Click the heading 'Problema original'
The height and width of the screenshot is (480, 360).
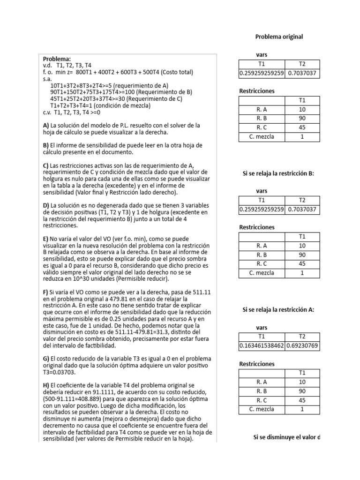[279, 37]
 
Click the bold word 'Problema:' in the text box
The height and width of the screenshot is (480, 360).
[57, 59]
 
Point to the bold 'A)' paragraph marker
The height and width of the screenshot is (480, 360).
[46, 126]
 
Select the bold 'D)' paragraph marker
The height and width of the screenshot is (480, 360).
[46, 206]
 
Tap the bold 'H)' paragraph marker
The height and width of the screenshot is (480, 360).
[46, 385]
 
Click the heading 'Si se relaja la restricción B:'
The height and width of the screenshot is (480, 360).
[278, 173]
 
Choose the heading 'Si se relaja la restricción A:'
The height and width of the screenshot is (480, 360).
[278, 309]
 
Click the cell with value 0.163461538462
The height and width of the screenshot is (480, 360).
[262, 346]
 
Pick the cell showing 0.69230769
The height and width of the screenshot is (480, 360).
[303, 346]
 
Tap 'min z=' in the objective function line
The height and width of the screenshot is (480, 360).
[65, 72]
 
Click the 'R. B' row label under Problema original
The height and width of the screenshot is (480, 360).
[262, 118]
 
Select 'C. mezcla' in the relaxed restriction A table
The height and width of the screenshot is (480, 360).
[262, 409]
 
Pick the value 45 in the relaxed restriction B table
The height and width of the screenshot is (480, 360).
[302, 263]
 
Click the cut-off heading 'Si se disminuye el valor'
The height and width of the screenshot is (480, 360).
[286, 437]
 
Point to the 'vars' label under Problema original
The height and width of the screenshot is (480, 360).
[262, 55]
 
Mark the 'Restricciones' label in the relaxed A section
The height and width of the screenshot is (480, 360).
[257, 364]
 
